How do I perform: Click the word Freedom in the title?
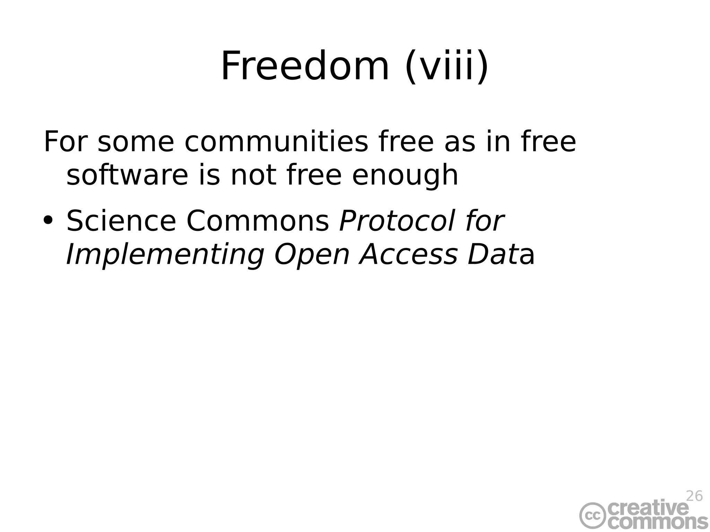pyautogui.click(x=305, y=66)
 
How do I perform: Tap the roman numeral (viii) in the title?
pyautogui.click(x=447, y=66)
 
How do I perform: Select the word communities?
pyautogui.click(x=276, y=142)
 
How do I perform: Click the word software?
pyautogui.click(x=127, y=175)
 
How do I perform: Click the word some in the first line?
pyautogui.click(x=136, y=142)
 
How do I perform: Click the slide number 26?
pyautogui.click(x=694, y=496)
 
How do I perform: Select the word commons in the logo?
pyautogui.click(x=657, y=523)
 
